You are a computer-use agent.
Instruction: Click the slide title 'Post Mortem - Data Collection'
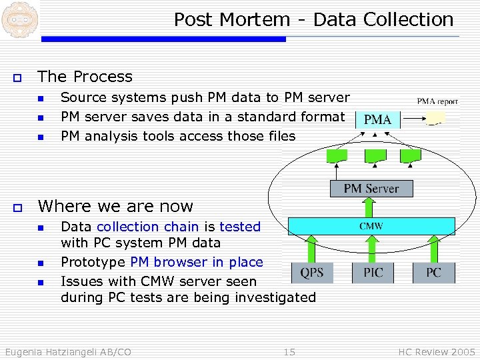[313, 20]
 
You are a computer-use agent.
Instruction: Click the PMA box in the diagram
[378, 120]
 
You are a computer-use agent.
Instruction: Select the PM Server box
[371, 189]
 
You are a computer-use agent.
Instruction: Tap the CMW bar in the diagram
[371, 227]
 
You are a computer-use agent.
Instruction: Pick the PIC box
[373, 272]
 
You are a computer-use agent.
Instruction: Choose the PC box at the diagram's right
[433, 272]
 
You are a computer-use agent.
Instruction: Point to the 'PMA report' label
[437, 102]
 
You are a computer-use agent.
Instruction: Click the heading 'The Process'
[85, 77]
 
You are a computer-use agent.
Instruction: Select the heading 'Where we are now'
[115, 206]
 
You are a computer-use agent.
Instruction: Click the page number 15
[289, 351]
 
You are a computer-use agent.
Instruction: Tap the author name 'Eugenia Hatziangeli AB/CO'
[67, 351]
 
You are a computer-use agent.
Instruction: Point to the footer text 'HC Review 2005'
[437, 351]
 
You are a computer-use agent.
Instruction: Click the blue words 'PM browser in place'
[197, 262]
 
